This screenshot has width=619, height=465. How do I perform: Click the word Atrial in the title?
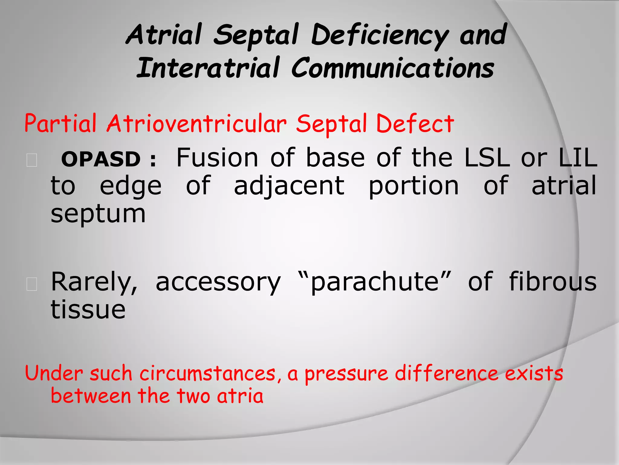point(164,35)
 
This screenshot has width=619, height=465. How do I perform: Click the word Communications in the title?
point(393,68)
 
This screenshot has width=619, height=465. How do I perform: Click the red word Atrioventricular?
point(196,124)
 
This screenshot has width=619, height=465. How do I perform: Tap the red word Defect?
point(415,124)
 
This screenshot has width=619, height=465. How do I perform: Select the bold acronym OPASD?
point(101,159)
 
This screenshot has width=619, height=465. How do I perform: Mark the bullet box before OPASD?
point(32,160)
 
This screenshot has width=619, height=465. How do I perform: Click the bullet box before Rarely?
point(32,284)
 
